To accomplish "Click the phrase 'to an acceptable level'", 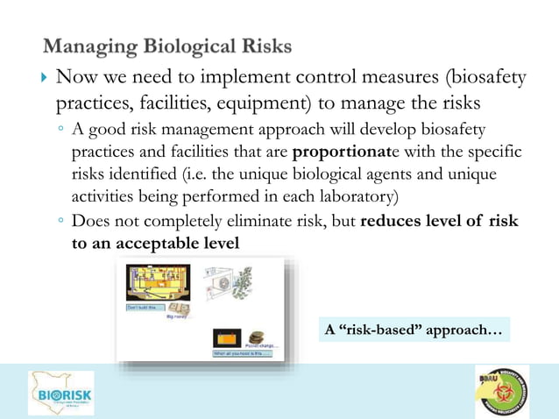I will pos(155,243).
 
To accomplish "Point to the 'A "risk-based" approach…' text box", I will pos(414,330).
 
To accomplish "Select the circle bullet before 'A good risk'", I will pos(60,131).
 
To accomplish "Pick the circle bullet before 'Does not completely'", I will pos(60,222).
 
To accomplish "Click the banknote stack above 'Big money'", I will pos(182,310).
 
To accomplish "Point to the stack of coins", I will pos(257,337).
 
